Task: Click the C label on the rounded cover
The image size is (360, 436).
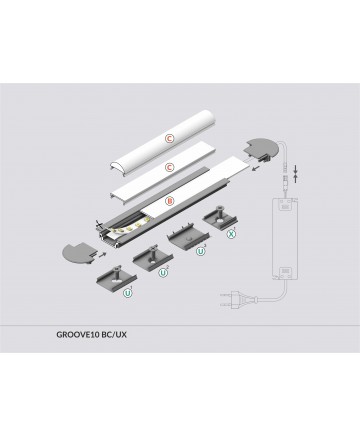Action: (170, 138)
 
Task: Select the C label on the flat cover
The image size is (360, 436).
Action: (170, 167)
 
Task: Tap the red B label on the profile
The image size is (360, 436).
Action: (170, 201)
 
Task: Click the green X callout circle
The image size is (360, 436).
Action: (231, 234)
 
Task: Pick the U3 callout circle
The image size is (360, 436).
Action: (200, 252)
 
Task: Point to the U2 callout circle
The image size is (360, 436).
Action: (163, 273)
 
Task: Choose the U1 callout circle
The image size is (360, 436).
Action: (128, 293)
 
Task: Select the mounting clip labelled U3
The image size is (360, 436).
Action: (187, 238)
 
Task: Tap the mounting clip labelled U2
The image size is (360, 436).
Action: (153, 258)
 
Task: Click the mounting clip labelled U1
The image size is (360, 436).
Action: (117, 278)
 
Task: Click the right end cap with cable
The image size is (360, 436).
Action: (261, 149)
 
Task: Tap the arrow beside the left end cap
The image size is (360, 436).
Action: (104, 255)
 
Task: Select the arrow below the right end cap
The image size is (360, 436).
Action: (256, 168)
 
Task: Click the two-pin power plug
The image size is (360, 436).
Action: (231, 297)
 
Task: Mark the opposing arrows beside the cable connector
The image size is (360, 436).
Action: (295, 174)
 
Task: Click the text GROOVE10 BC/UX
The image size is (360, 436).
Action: (91, 334)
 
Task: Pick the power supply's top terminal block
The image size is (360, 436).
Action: (285, 206)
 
